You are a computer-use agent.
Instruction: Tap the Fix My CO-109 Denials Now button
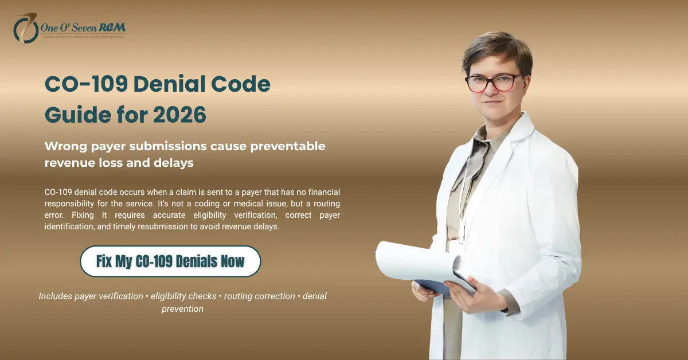[170, 261]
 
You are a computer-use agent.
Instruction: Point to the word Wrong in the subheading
[65, 146]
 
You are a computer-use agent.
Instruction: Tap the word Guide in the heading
[71, 115]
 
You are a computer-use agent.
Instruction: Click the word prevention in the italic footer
[182, 308]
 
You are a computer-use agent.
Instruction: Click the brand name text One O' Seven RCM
[83, 27]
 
